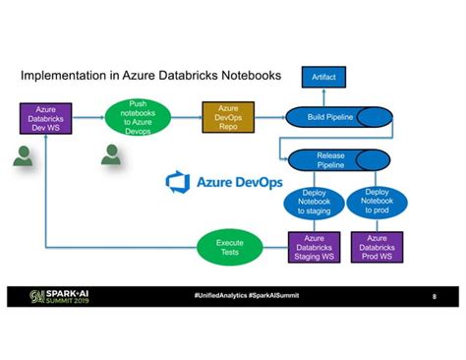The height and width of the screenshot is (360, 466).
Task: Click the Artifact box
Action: click(322, 77)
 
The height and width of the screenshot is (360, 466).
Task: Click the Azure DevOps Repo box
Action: click(228, 118)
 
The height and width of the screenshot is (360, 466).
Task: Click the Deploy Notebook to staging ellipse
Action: click(314, 202)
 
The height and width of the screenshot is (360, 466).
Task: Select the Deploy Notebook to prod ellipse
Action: click(376, 202)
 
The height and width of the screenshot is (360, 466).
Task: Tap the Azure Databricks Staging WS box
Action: click(314, 246)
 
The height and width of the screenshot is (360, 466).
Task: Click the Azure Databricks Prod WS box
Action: click(377, 246)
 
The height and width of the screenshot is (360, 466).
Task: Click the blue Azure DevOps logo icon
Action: click(178, 182)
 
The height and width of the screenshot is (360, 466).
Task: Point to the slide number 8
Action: click(434, 296)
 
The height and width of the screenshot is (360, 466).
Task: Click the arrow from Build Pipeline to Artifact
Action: click(322, 96)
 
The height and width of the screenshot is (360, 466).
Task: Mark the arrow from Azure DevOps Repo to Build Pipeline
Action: click(270, 118)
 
